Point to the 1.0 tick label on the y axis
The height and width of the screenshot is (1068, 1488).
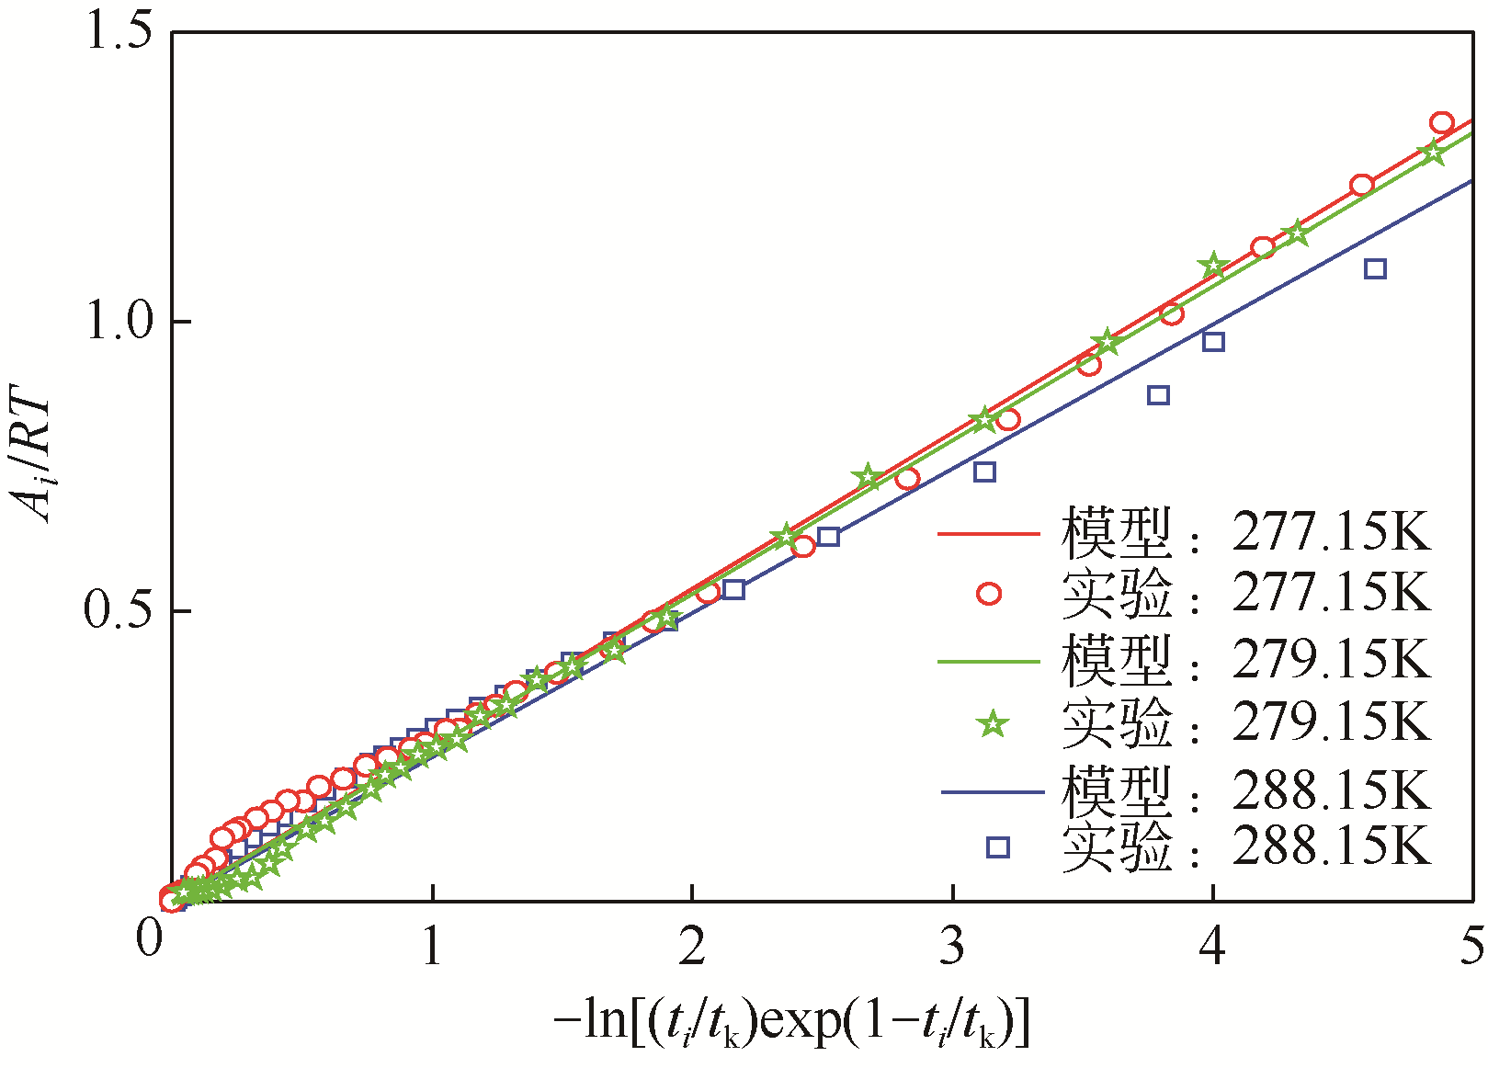[119, 322]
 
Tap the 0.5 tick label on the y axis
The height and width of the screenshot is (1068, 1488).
[119, 610]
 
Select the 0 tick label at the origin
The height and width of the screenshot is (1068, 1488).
[149, 939]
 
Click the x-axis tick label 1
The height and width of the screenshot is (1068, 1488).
[432, 947]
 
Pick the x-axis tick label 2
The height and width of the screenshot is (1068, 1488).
[692, 947]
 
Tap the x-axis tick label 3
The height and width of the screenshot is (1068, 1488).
[952, 947]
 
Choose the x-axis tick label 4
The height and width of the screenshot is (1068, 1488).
[1212, 947]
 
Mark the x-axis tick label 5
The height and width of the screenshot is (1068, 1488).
[1471, 947]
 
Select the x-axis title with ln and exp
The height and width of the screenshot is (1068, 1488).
[792, 1021]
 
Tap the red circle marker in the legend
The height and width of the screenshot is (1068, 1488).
[989, 594]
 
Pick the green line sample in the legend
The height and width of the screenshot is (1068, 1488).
[988, 661]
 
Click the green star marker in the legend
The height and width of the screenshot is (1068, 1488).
[992, 724]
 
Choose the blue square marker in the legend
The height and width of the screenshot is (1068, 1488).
[997, 846]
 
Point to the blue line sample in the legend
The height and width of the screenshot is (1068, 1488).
[992, 791]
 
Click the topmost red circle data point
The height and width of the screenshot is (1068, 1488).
[1441, 123]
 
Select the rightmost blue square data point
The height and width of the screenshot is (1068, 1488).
[1375, 269]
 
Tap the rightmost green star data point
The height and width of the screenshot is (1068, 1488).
[1432, 153]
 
